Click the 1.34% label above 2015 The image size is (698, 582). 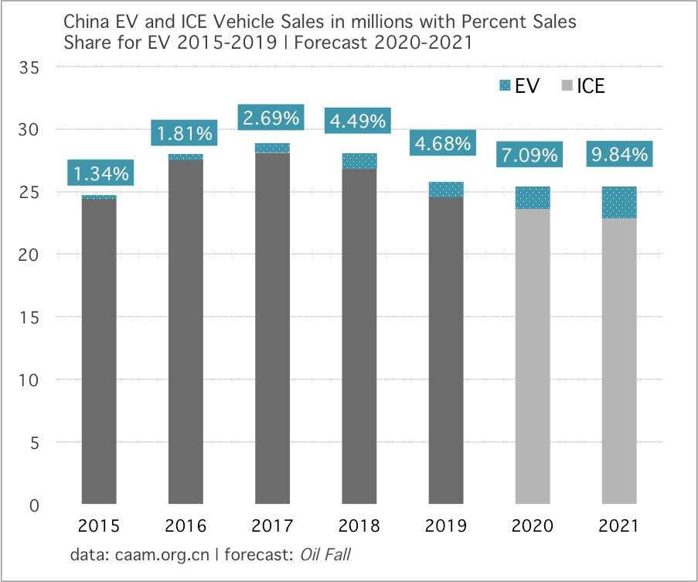[100, 172]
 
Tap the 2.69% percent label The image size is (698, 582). [271, 118]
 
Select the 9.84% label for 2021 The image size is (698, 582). [619, 154]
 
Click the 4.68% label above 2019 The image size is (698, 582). [443, 143]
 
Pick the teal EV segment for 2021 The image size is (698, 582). [618, 203]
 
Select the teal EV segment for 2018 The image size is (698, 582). [359, 161]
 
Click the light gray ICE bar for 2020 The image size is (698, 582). [532, 356]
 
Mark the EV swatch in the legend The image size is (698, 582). [506, 86]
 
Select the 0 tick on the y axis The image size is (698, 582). [36, 505]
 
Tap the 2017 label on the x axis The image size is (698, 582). [272, 527]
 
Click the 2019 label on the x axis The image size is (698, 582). [445, 527]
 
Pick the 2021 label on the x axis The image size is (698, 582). [618, 527]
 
